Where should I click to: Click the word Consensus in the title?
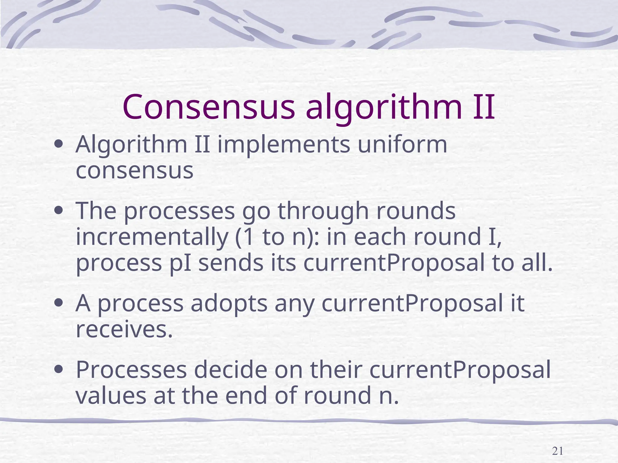point(209,107)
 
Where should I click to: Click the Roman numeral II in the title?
point(483,107)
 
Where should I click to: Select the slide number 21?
point(557,451)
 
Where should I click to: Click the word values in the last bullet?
point(110,396)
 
